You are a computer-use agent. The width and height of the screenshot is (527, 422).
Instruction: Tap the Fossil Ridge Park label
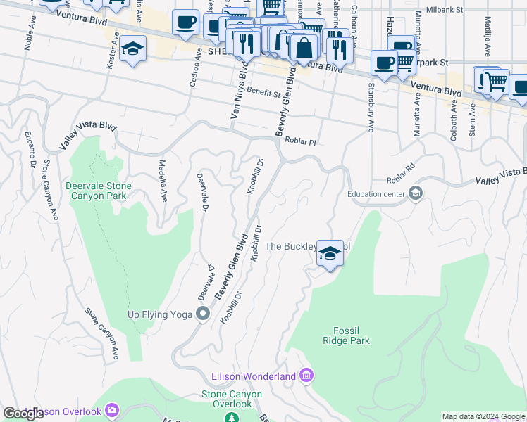351,335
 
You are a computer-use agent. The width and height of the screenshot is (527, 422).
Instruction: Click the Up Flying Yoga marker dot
204,314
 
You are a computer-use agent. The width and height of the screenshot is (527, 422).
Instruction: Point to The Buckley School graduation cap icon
329,253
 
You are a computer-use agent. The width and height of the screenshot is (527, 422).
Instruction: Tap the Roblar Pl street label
301,141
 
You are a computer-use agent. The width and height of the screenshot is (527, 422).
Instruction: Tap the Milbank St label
448,11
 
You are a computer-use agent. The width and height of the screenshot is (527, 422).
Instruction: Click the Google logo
23,414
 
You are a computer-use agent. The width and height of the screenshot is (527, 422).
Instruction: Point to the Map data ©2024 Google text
483,416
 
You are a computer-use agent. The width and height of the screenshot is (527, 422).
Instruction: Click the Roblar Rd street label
398,179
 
